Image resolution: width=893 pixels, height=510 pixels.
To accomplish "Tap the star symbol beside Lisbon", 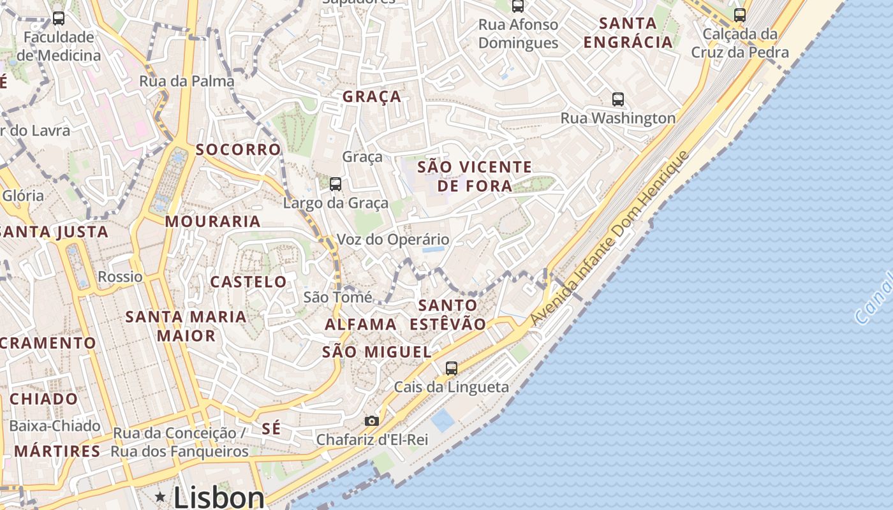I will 160,497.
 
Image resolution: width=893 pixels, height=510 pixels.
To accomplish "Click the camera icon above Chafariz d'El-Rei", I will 371,421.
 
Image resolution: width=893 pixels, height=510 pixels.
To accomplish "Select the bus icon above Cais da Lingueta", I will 452,368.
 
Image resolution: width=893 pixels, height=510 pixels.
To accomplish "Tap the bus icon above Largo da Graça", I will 336,184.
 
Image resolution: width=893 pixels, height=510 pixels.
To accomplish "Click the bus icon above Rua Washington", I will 618,99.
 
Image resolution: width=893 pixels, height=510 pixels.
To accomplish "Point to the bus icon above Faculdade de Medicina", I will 59,18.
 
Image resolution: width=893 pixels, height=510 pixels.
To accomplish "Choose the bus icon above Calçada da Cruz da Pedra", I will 740,15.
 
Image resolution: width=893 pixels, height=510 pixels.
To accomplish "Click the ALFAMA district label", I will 360,324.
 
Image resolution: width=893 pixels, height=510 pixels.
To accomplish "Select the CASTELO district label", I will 248,282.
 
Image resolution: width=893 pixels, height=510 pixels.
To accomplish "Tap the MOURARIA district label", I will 213,222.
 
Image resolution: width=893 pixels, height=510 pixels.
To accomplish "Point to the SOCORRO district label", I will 238,150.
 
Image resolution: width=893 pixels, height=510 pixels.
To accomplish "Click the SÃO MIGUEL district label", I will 376,352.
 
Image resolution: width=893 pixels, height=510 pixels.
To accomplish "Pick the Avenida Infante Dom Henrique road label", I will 610,238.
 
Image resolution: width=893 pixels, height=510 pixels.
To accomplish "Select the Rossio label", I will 120,277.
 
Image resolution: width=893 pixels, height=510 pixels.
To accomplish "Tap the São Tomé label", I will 337,297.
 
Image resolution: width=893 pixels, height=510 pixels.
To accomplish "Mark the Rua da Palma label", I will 187,82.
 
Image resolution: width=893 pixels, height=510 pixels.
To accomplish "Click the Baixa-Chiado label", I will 55,426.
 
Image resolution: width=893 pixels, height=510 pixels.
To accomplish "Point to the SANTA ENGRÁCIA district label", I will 628,33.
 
